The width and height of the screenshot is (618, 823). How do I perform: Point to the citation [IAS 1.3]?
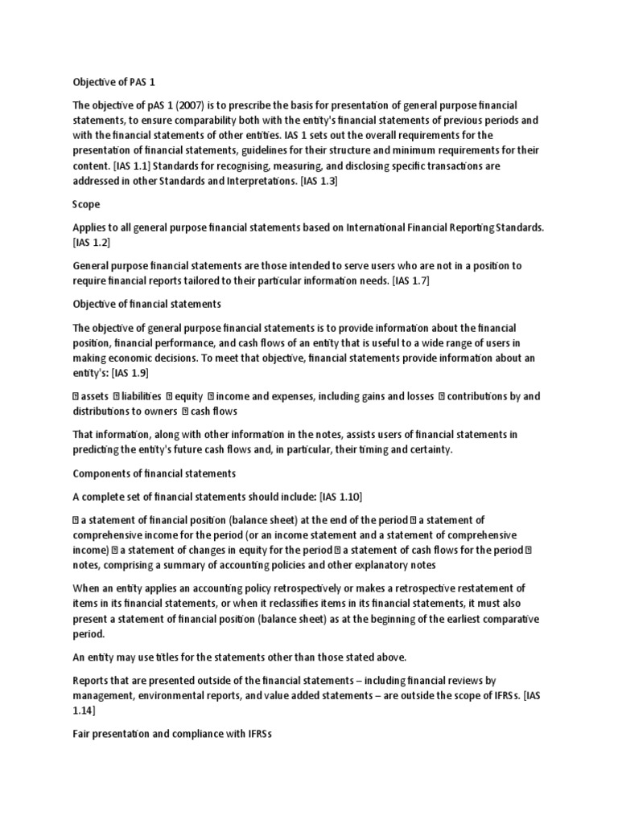pos(319,181)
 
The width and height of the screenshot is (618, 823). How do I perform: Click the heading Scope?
pos(87,204)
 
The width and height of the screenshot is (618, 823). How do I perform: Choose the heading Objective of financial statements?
pos(146,305)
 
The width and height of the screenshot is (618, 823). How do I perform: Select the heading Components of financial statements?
pos(154,473)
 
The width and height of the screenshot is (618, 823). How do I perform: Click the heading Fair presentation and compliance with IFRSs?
pos(173,735)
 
